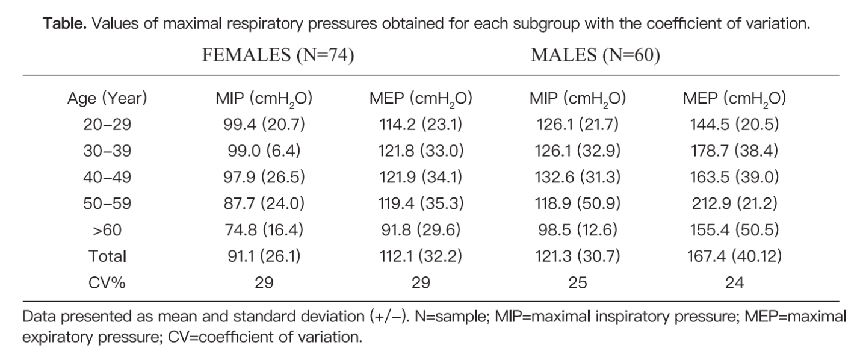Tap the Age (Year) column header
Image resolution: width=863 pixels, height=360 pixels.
(107, 99)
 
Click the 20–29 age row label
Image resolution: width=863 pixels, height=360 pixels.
(107, 125)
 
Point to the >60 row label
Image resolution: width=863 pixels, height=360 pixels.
(107, 230)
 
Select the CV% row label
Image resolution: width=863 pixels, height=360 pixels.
(107, 282)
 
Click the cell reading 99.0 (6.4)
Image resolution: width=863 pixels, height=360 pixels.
(264, 151)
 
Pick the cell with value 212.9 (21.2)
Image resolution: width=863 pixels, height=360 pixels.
(734, 203)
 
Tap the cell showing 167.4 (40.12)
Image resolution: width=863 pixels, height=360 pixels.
(734, 256)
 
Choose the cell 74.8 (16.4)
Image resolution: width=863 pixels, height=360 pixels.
(264, 230)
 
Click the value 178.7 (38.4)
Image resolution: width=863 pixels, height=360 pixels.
(734, 151)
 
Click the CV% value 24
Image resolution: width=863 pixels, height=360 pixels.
(734, 282)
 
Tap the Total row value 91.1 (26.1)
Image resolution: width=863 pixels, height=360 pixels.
(264, 256)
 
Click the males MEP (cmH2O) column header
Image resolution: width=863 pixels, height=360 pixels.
(734, 99)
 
